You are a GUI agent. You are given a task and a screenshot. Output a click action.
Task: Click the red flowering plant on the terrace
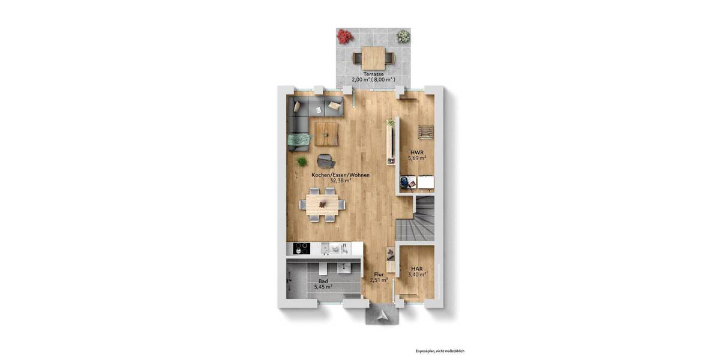coord(344,37)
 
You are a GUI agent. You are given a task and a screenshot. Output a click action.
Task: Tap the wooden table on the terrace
coord(373,59)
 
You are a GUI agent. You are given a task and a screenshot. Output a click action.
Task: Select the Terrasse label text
coord(373,74)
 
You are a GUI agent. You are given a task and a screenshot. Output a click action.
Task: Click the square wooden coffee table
coord(326,134)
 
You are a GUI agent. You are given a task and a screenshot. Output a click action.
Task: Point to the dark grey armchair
coord(326,161)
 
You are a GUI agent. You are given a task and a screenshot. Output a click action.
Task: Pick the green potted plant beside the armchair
coord(302,161)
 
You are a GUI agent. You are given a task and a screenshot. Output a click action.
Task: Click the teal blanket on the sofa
coord(298,141)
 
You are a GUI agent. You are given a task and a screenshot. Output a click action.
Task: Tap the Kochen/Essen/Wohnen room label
coord(340,175)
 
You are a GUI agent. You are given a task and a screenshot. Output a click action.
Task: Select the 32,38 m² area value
coord(340,180)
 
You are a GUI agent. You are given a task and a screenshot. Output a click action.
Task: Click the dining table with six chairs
coord(323,204)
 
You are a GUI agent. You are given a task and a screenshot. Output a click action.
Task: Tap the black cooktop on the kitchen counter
coord(301,248)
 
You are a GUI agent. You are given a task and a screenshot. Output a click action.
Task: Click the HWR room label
coord(418,152)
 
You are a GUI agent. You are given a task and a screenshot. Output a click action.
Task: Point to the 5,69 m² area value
coord(418,158)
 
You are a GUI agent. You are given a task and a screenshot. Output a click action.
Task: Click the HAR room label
coord(417,269)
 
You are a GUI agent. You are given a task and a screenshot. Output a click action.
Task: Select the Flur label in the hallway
coord(379,274)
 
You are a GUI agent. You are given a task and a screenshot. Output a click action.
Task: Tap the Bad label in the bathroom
coord(323,281)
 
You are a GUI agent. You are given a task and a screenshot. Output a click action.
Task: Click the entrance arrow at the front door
coord(382,313)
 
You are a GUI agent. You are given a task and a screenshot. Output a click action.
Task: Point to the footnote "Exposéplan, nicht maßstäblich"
coord(440,351)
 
